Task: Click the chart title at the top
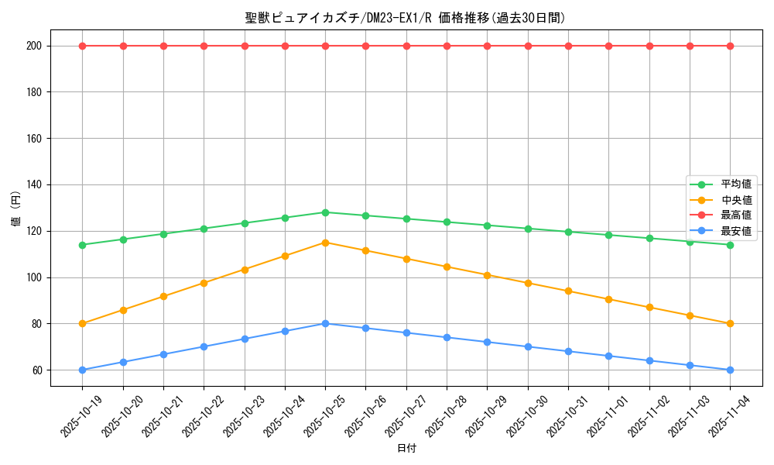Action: pyautogui.click(x=405, y=18)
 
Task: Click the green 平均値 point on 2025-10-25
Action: pyautogui.click(x=325, y=212)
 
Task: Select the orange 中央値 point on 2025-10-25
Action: pyautogui.click(x=325, y=243)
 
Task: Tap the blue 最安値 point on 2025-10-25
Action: pyautogui.click(x=325, y=323)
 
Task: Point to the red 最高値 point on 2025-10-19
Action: pyautogui.click(x=82, y=46)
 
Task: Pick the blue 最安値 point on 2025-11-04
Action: pyautogui.click(x=730, y=370)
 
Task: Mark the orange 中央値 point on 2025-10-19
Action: pyautogui.click(x=82, y=323)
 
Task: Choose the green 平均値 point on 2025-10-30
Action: pyautogui.click(x=528, y=229)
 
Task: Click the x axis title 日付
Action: pyautogui.click(x=406, y=449)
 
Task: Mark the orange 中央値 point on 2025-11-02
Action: pyautogui.click(x=649, y=308)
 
